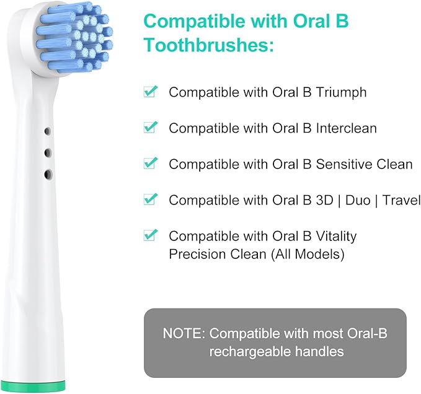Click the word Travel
[402, 200]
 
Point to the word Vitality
[335, 236]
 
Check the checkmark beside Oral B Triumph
[149, 92]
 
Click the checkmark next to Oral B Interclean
[149, 128]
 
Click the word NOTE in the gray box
[182, 333]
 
